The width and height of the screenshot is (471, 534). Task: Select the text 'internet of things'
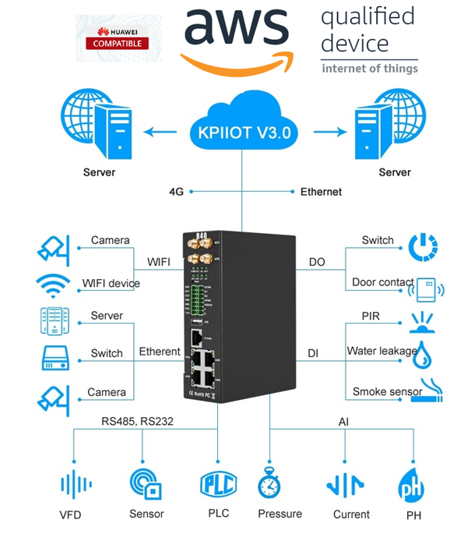coord(369,69)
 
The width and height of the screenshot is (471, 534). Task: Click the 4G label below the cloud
coord(176,191)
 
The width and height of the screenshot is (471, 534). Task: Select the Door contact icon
coord(424,289)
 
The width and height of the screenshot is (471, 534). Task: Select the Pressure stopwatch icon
coord(269,485)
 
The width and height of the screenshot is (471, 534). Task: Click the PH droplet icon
coord(410,485)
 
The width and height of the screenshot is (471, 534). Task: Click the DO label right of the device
coord(318,263)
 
